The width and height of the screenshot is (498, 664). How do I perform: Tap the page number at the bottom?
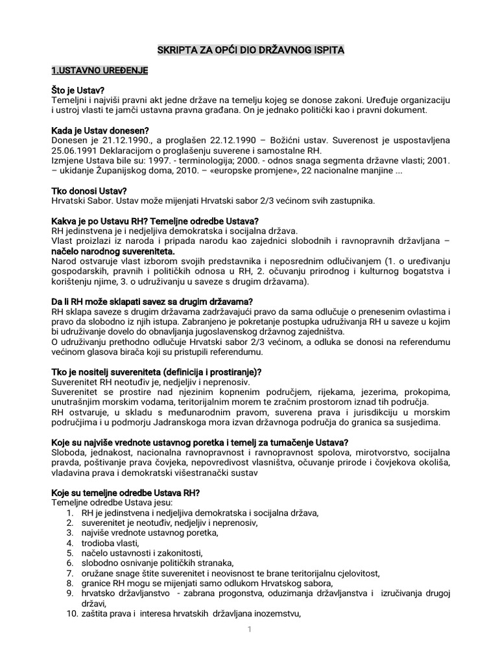coord(249,631)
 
